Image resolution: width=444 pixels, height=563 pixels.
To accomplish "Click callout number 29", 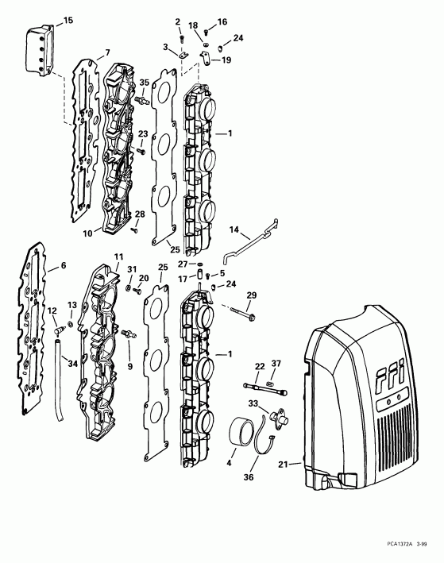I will [252, 295].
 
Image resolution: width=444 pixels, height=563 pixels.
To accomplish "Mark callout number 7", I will [106, 53].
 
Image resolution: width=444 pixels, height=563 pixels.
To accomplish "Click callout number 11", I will [119, 256].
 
